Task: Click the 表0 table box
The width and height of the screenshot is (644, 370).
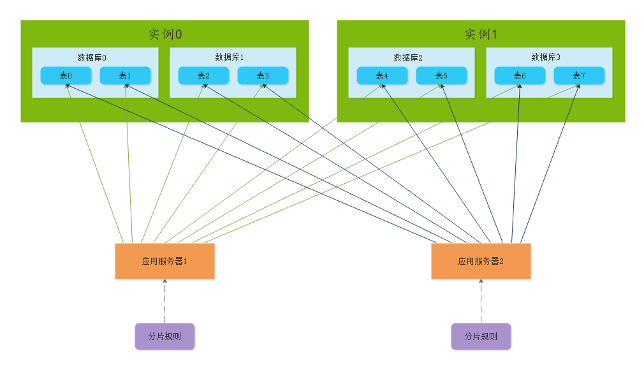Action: click(66, 75)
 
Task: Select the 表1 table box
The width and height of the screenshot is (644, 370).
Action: click(125, 75)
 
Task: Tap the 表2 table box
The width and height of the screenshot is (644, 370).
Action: click(203, 75)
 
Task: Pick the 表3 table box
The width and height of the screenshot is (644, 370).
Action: click(263, 75)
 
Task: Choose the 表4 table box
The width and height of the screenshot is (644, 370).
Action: click(382, 75)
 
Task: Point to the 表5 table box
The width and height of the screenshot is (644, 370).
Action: click(441, 75)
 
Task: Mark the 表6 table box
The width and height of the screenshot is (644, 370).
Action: click(520, 75)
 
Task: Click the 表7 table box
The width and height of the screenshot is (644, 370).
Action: click(579, 75)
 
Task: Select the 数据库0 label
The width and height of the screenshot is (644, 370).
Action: click(92, 57)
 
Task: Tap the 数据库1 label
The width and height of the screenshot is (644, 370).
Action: click(230, 57)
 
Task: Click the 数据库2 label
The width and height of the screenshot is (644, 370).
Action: click(408, 57)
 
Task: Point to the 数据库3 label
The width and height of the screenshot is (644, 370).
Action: click(546, 57)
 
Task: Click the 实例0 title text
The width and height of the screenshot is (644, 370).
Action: click(165, 34)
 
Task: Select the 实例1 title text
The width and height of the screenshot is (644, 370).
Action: click(481, 34)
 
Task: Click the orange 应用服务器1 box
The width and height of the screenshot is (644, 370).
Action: click(165, 261)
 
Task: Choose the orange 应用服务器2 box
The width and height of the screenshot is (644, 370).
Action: click(481, 261)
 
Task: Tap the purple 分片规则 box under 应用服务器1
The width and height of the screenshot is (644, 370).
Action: click(165, 336)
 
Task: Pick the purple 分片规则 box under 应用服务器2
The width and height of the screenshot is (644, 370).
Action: click(481, 336)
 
